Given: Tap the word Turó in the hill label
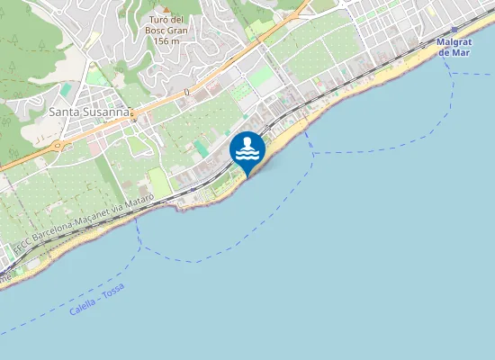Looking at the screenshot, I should pyautogui.click(x=160, y=20).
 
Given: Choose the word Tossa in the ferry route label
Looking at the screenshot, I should pyautogui.click(x=113, y=291).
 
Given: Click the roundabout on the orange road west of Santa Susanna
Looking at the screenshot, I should pyautogui.click(x=58, y=144).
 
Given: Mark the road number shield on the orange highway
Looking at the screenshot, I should pyautogui.click(x=187, y=92).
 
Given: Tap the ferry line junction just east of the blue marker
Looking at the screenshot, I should pyautogui.click(x=312, y=152).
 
